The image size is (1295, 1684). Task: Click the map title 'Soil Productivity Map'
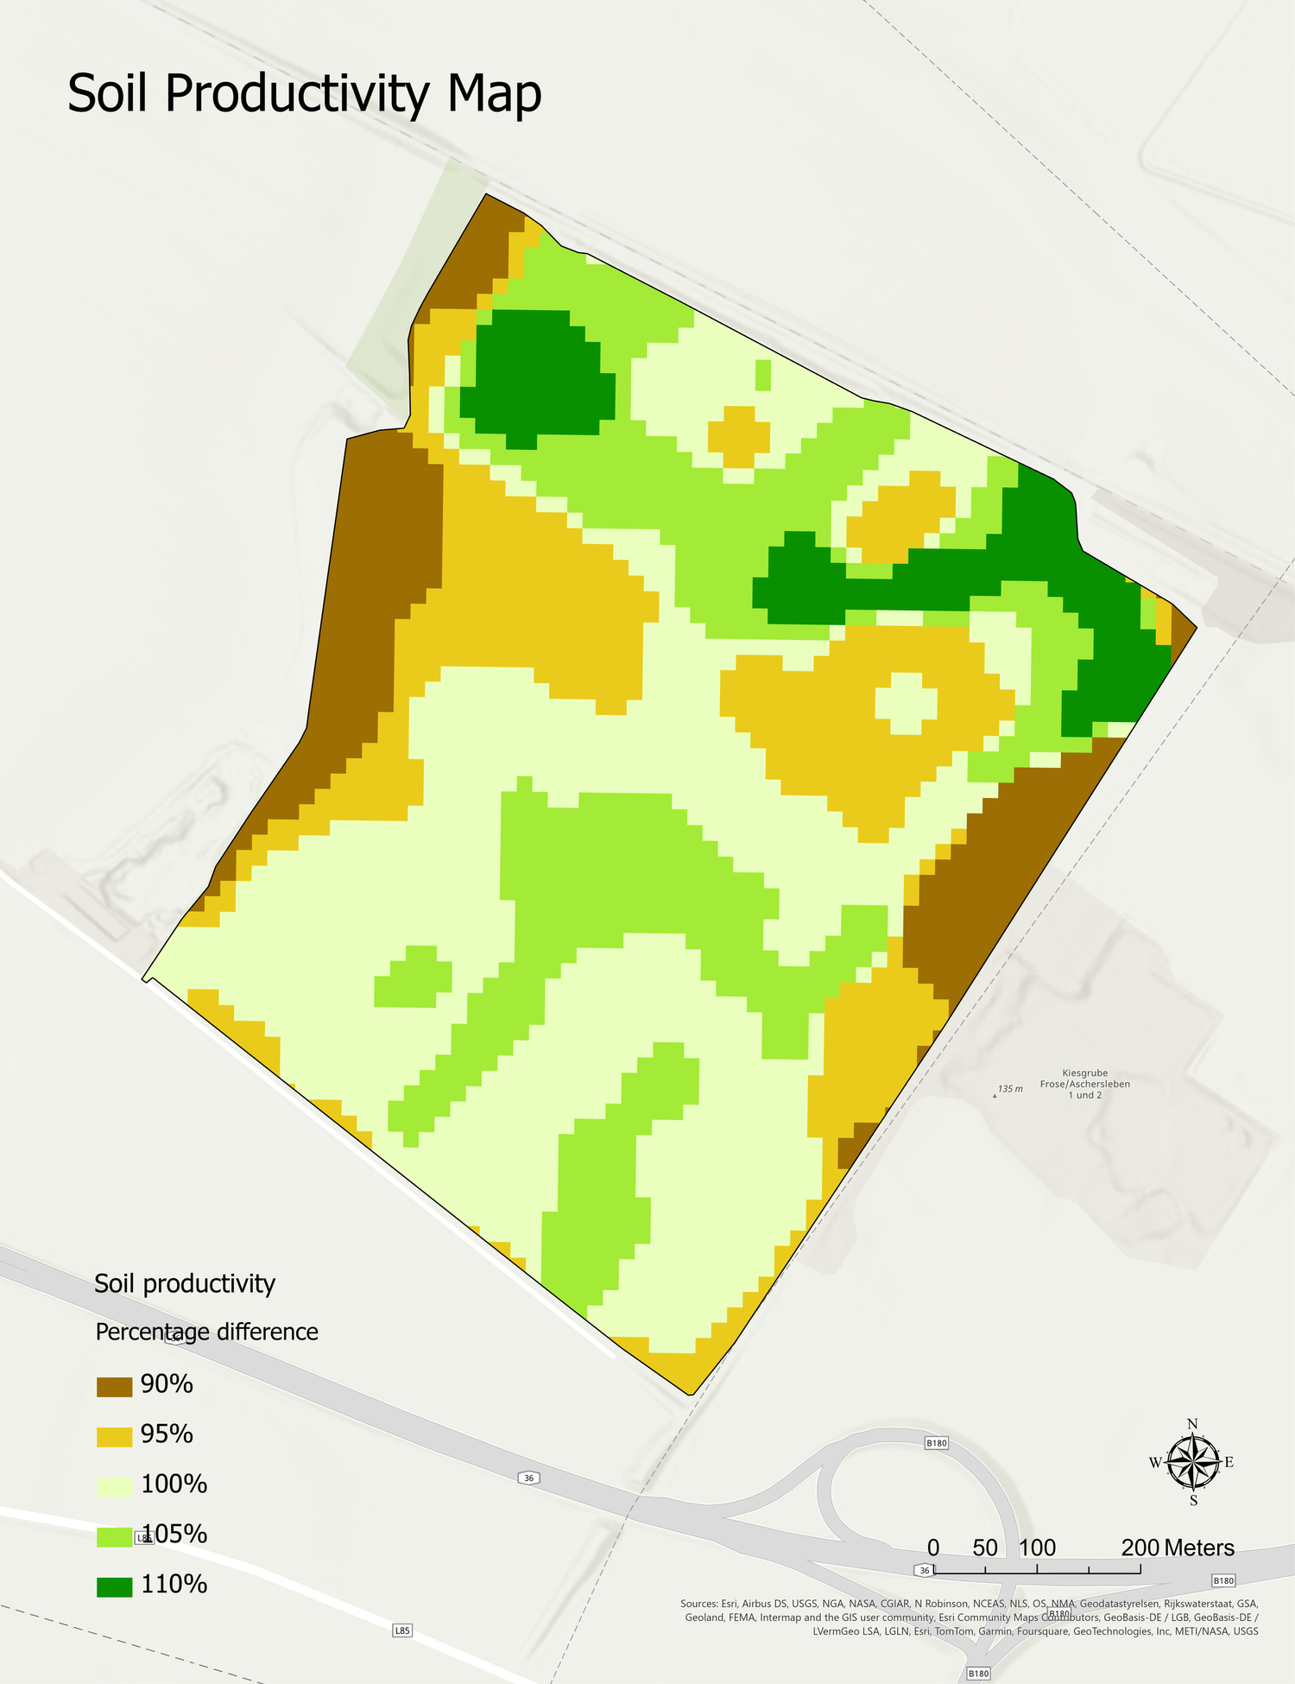(305, 93)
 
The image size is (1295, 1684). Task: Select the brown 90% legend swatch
(114, 1387)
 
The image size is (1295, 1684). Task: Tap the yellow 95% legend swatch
(114, 1437)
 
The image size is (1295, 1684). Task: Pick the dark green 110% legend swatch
(114, 1587)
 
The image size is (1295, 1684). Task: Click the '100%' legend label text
(174, 1485)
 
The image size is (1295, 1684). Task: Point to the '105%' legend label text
(174, 1535)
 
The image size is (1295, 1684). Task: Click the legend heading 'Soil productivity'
(185, 1284)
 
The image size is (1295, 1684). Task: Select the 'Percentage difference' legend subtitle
(206, 1333)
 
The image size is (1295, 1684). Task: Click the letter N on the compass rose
(1192, 1424)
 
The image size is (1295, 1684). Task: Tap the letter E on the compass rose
(1229, 1462)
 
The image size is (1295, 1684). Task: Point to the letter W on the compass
(1155, 1462)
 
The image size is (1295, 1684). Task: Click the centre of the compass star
(1192, 1462)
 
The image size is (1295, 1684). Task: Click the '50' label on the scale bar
(985, 1548)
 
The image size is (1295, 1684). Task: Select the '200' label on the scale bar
(1140, 1548)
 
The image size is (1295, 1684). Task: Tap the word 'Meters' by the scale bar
(1199, 1548)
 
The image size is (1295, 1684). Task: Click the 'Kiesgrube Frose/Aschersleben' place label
(1084, 1084)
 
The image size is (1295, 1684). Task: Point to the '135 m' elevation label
(1009, 1089)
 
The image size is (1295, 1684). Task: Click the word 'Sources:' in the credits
(698, 1604)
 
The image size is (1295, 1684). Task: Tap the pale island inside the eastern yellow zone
(906, 703)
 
